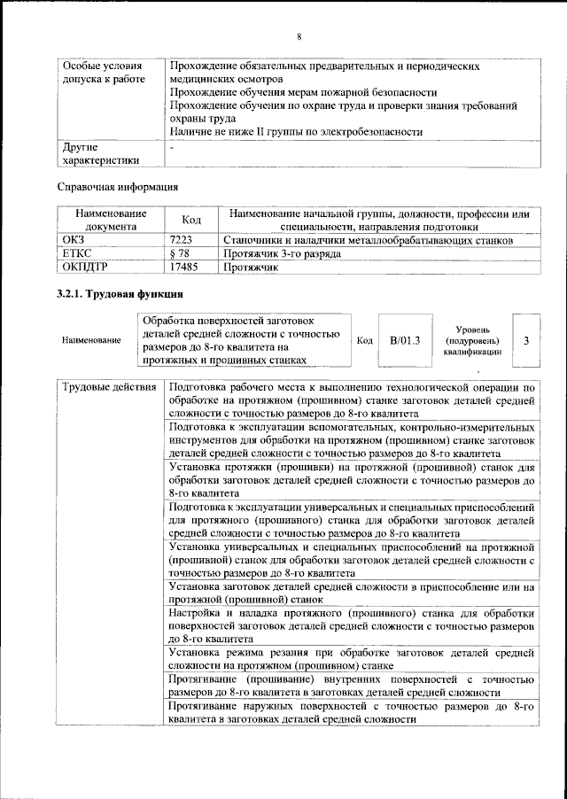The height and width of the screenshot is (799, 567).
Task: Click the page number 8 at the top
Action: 299,36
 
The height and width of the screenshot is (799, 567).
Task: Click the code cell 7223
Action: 181,240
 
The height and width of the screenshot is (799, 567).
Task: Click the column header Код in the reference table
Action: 191,220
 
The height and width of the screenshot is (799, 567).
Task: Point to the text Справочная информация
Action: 118,187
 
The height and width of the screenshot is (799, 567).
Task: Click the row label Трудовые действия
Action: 108,387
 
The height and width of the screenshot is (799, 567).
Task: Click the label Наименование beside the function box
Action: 92,340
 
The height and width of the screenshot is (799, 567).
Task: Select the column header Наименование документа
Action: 111,220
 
